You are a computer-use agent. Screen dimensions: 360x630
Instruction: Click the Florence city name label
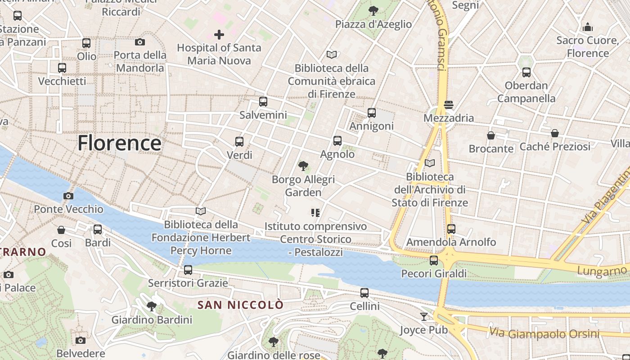119,143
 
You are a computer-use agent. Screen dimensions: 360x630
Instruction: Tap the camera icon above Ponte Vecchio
68,196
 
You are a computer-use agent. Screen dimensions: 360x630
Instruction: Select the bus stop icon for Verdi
239,142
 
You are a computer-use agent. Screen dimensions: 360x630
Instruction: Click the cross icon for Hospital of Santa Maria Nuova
219,34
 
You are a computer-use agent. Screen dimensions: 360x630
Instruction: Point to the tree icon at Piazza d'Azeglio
373,10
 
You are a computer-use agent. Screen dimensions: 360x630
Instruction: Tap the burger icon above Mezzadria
448,105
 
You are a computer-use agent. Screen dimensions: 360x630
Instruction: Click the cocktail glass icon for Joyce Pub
423,316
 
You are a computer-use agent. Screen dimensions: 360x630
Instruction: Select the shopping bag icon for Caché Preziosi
555,133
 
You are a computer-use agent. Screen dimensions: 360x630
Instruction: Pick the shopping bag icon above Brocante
491,135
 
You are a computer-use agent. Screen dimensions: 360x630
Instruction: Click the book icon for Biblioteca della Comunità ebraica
332,55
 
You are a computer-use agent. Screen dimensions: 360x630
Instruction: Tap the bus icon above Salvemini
263,102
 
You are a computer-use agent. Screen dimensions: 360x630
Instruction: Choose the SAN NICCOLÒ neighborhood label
241,305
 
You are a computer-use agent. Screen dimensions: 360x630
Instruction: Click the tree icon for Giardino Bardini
152,306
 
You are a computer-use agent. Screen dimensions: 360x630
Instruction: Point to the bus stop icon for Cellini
364,293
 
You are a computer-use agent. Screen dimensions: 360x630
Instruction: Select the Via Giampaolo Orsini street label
544,333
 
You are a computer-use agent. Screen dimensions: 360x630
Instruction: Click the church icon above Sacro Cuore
587,27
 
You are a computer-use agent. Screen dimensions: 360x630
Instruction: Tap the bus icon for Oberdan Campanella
526,72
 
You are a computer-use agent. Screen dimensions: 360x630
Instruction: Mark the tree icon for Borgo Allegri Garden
303,166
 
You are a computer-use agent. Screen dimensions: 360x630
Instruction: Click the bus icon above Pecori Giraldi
434,260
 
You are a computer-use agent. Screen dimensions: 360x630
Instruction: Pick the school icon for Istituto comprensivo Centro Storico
315,212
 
